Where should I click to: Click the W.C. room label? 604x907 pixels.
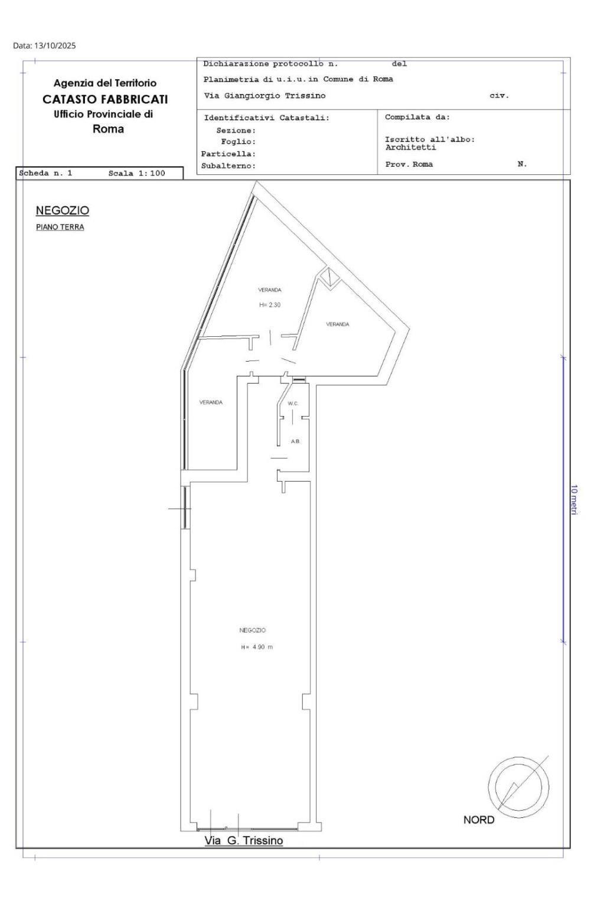(293, 404)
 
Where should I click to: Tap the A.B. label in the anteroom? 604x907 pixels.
(295, 441)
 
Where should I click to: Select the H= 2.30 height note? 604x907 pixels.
(270, 305)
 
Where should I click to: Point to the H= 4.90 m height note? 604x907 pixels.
(257, 647)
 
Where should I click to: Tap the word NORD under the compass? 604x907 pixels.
(479, 820)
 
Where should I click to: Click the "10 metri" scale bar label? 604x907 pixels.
(574, 500)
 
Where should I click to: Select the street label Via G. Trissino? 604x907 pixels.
(243, 841)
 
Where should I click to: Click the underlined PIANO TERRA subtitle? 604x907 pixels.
(60, 227)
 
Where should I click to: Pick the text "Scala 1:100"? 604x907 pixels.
(137, 173)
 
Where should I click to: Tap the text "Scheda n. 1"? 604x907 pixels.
(45, 173)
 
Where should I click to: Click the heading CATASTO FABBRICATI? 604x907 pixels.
(105, 99)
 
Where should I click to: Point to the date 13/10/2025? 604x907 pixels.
(55, 45)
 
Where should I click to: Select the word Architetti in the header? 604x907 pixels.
(410, 147)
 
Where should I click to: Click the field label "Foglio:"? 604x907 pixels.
(239, 142)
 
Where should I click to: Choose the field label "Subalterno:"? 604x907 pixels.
(228, 165)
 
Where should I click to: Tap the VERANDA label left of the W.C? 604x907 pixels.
(211, 402)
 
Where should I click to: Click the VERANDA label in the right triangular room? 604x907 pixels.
(337, 324)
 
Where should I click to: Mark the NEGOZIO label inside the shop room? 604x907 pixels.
(253, 630)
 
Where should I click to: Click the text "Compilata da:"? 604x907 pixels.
(417, 117)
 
